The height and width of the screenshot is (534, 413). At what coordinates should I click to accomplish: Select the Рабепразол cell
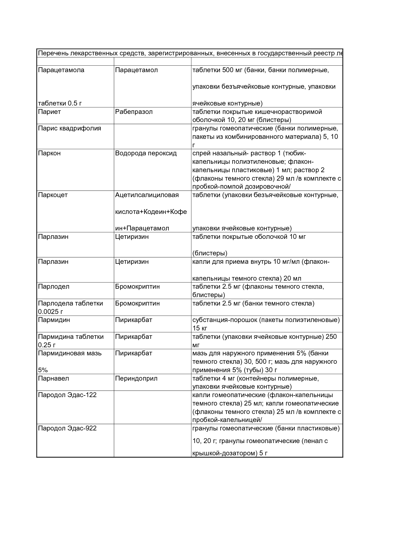tap(134, 112)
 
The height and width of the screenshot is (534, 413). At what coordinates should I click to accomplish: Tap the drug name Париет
tap(49, 112)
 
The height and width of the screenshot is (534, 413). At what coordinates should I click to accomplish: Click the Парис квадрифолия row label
tap(69, 128)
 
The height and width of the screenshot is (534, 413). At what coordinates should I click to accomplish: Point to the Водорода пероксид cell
tap(146, 153)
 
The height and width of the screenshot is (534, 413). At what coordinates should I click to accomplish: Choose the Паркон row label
tap(49, 153)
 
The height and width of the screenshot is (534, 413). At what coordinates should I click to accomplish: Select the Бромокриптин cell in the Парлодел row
tap(137, 286)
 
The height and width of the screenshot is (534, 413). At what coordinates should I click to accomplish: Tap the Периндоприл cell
tap(136, 378)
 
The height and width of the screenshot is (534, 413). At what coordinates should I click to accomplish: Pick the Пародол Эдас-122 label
tap(67, 395)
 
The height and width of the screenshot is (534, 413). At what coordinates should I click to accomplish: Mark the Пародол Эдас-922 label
tap(67, 428)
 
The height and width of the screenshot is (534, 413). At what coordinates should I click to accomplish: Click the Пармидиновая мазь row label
tap(70, 353)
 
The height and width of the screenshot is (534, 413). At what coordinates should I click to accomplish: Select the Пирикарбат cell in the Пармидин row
tap(133, 320)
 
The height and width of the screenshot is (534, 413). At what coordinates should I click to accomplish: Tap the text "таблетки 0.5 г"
tap(60, 103)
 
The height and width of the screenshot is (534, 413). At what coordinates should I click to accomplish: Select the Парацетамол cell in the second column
tap(136, 70)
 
